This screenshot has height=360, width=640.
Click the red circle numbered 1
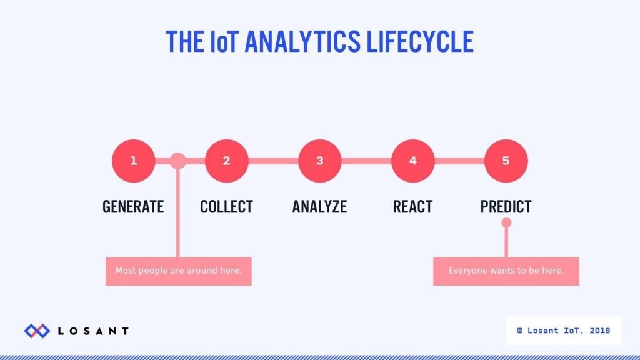[133, 161]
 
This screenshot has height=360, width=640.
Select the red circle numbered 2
[226, 161]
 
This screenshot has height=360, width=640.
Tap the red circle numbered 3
[319, 161]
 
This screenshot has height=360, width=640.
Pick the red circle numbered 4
[412, 161]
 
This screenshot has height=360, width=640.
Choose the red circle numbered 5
[506, 161]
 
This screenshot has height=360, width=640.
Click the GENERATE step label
[133, 206]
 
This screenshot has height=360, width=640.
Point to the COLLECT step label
[226, 206]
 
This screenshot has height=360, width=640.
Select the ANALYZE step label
[319, 206]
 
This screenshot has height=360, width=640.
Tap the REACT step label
[412, 206]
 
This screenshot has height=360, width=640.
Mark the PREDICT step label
[506, 206]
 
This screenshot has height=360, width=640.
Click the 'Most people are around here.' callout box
[178, 271]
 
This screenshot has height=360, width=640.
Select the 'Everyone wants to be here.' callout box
[506, 271]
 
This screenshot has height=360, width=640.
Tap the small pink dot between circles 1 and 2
[178, 161]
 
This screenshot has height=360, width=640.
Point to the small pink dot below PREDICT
[506, 222]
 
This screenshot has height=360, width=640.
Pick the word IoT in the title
[223, 41]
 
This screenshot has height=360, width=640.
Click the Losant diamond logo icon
[37, 331]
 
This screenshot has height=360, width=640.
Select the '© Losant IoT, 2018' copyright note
[564, 330]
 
